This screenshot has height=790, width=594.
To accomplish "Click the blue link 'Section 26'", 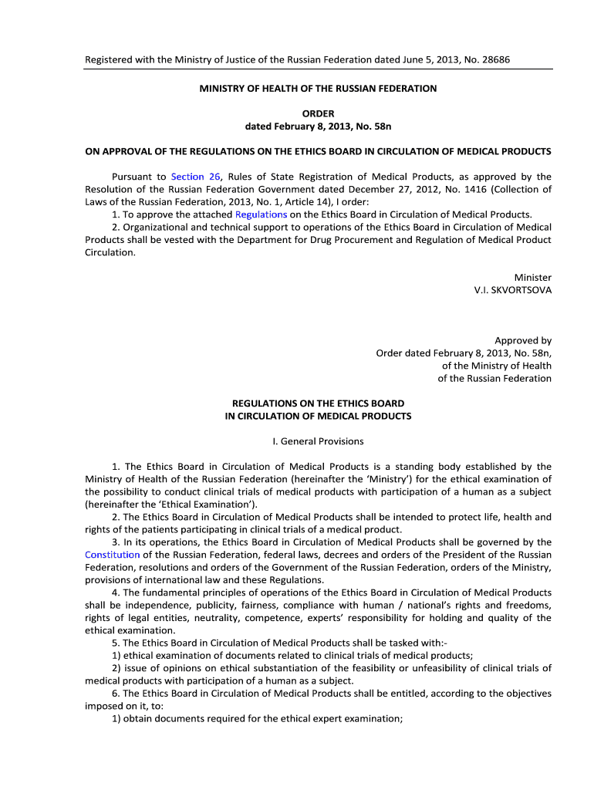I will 196,177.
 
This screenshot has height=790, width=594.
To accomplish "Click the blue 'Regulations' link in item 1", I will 261,214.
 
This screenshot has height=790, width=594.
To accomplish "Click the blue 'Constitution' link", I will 113,555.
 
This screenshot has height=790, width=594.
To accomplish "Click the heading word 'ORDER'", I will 318,113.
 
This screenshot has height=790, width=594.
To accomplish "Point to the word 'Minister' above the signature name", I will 533,277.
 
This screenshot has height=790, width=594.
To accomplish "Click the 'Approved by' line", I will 523,340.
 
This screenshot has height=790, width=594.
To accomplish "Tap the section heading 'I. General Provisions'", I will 318,442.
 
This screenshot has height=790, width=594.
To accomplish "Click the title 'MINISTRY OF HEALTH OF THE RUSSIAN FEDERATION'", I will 318,89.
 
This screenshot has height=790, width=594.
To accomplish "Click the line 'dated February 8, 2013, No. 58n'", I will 318,126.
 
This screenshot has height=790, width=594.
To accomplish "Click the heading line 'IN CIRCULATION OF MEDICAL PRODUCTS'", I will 318,416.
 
